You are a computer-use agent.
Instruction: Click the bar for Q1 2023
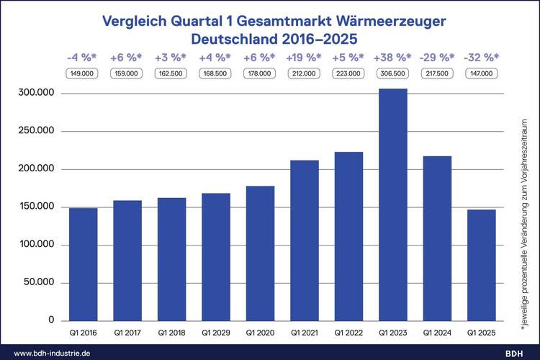(x=392, y=205)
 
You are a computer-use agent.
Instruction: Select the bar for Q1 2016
(x=84, y=264)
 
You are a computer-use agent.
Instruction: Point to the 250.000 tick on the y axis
(x=37, y=131)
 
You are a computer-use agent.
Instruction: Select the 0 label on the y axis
(x=50, y=320)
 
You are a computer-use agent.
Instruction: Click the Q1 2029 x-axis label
(x=216, y=334)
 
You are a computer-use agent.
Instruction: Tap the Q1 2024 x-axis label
(x=437, y=334)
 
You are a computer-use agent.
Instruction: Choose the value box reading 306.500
(x=392, y=73)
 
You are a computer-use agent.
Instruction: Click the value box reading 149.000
(x=84, y=73)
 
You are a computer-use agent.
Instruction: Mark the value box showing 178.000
(x=260, y=73)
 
